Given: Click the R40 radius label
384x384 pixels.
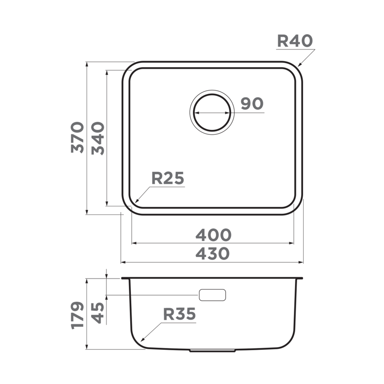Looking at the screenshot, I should coord(295,41).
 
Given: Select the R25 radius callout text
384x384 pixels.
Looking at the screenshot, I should coord(168,179).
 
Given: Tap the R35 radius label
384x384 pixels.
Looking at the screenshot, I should coord(179,314).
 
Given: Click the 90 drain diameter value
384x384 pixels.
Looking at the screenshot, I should coord(252,104).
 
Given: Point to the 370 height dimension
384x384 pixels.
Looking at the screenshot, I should coord(78,137).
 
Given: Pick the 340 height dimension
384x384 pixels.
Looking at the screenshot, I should coord(98,138).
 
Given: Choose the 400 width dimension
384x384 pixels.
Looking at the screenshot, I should coord(213,235).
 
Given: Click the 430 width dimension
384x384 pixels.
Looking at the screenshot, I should coord(212,253).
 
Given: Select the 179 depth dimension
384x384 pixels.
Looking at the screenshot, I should coord(78,315).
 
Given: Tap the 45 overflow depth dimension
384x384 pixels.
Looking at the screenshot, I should coord(98,313).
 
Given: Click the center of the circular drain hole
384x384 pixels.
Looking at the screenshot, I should coord(212,113).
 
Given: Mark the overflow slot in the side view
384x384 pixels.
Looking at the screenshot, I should coord(212,295).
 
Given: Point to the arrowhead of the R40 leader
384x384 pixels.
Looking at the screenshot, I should coord(299,65).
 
